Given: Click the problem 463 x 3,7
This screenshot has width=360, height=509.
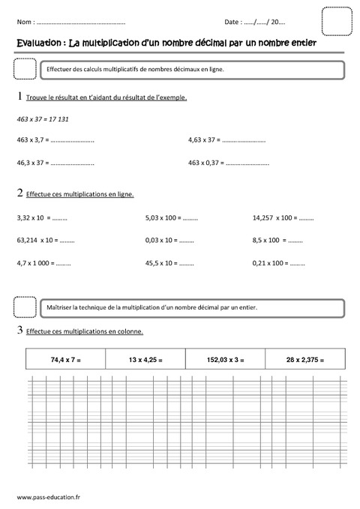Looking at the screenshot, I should coord(33,139).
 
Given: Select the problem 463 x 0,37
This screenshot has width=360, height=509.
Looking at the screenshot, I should coord(205,162).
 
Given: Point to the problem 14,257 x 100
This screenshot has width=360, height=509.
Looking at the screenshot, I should coord(273,218).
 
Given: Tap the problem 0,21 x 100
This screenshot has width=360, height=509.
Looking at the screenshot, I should coord(269,263).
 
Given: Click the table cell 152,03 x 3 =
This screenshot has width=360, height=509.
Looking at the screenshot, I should coord(225,361).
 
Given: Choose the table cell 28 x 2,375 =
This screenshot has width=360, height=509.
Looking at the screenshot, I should coord(304,361).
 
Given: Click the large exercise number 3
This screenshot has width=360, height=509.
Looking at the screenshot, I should coord(19,330).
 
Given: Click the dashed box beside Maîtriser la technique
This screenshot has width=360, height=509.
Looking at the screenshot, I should coord(25,307).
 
